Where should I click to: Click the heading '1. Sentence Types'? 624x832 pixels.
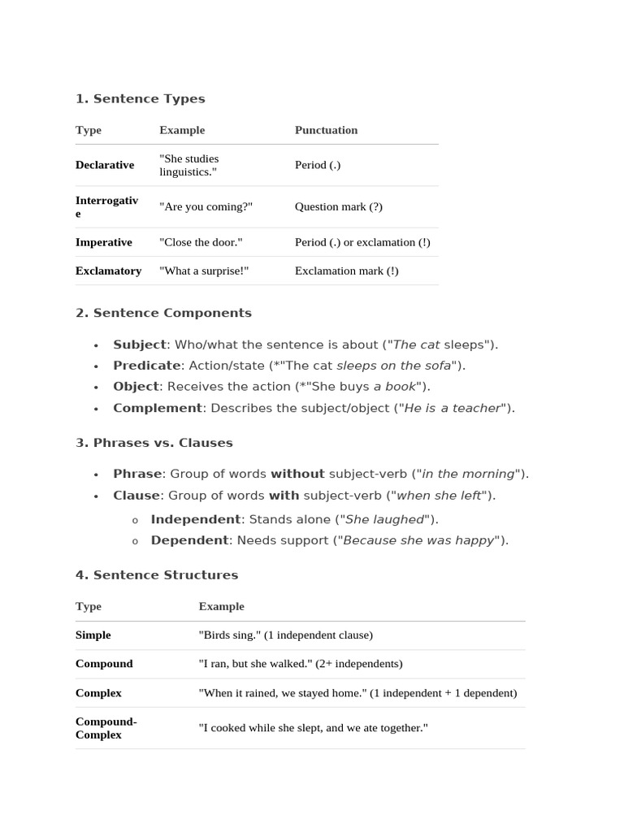click(x=140, y=99)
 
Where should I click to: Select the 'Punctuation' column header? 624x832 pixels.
click(x=326, y=130)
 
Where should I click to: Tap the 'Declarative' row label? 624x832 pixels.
click(x=105, y=165)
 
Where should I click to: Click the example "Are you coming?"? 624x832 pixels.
click(x=206, y=206)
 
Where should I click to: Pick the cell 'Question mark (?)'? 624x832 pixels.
click(x=338, y=206)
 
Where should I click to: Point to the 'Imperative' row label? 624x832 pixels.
click(x=103, y=242)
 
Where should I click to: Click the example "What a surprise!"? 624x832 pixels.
click(x=204, y=271)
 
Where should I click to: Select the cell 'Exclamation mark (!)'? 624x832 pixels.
click(x=346, y=271)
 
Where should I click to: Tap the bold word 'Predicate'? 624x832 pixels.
click(x=146, y=366)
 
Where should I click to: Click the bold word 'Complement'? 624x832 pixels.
click(x=157, y=408)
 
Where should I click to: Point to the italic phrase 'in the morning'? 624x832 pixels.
click(x=468, y=474)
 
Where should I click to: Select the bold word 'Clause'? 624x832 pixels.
click(x=136, y=495)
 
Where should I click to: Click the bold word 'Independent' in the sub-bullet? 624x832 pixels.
click(x=195, y=519)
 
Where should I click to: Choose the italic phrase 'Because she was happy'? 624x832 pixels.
click(x=418, y=540)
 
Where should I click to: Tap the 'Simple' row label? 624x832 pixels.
click(x=93, y=635)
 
